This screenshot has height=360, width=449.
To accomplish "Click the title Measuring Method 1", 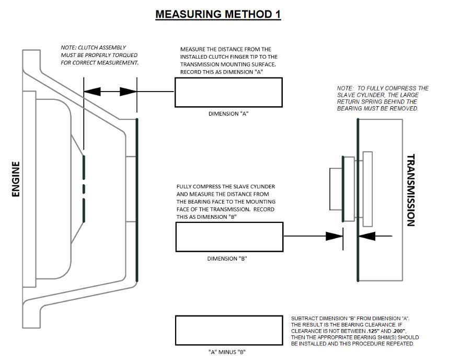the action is (x=218, y=14).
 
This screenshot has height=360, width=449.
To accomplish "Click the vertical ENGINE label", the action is (x=16, y=179).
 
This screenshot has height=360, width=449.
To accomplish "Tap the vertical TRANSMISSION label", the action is (x=411, y=190).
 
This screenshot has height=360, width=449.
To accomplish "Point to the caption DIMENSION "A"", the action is (x=228, y=114).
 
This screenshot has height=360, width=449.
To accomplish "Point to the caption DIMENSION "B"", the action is (x=227, y=258).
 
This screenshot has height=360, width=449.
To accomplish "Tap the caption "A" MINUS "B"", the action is (x=227, y=352).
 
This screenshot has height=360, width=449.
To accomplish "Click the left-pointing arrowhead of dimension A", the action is (x=92, y=92).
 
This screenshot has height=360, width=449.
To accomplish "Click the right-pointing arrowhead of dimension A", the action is (x=128, y=92).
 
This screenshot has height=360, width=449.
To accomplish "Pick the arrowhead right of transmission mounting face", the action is (x=367, y=236).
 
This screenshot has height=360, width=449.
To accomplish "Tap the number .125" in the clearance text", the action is (x=373, y=331).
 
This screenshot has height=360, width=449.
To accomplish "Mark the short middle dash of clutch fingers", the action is (x=84, y=188).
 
